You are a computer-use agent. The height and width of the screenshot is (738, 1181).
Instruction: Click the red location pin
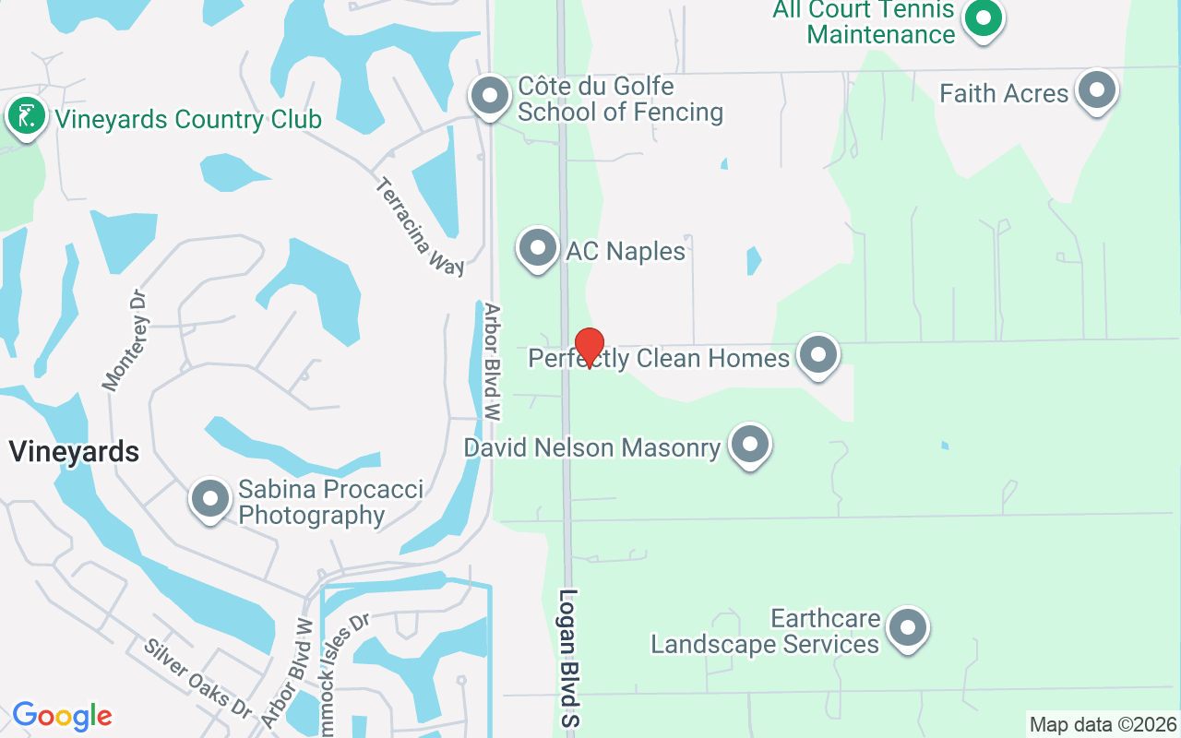[589, 348]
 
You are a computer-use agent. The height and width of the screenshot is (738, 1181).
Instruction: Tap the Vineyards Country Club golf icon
[28, 117]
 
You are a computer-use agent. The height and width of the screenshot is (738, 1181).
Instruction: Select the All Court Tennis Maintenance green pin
[984, 18]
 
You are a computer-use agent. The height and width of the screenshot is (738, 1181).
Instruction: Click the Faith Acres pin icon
[1097, 90]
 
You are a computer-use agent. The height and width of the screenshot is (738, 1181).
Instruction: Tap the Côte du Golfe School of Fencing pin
[490, 95]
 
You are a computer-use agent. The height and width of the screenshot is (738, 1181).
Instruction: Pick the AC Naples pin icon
[538, 247]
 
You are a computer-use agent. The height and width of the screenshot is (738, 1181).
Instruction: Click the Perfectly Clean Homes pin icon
[817, 355]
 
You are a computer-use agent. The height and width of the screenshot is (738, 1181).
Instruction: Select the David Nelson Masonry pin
[750, 445]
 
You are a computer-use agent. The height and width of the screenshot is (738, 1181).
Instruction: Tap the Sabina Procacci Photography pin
[210, 499]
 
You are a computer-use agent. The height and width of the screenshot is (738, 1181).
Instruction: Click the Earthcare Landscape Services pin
[908, 628]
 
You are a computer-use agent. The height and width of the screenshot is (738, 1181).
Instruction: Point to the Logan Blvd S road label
[568, 657]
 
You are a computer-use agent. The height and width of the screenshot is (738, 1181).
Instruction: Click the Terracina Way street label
[421, 227]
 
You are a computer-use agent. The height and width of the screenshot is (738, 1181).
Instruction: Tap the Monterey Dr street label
[126, 340]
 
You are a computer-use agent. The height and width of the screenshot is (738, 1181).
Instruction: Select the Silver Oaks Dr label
[197, 677]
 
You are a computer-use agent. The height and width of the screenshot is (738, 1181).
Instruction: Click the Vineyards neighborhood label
[74, 452]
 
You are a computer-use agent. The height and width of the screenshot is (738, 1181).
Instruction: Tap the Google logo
[62, 716]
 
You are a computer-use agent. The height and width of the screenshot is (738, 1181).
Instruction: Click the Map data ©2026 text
[1103, 724]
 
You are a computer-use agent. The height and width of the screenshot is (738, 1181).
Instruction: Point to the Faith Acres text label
[1004, 93]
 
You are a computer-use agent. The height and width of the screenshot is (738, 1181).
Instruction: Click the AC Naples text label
[626, 251]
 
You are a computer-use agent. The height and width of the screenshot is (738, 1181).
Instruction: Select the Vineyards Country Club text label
[188, 120]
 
